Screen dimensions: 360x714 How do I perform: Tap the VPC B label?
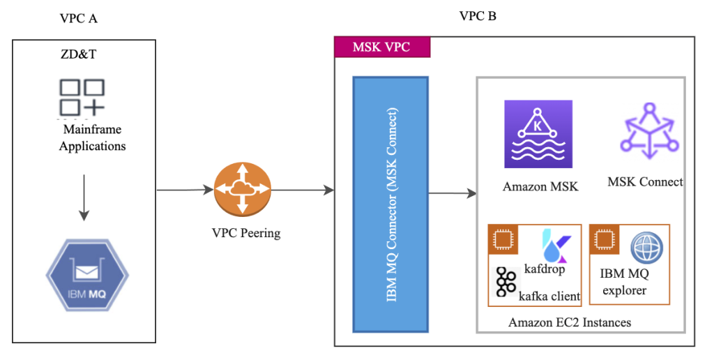(478, 16)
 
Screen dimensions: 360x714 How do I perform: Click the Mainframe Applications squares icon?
(82, 97)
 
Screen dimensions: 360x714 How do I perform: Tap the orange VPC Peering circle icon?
(242, 188)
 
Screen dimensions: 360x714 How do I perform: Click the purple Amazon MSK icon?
(538, 134)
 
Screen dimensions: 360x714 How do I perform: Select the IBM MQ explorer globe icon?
(646, 247)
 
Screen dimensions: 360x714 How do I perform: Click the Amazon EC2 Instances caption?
(570, 322)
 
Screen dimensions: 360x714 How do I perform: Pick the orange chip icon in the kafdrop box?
(501, 239)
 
